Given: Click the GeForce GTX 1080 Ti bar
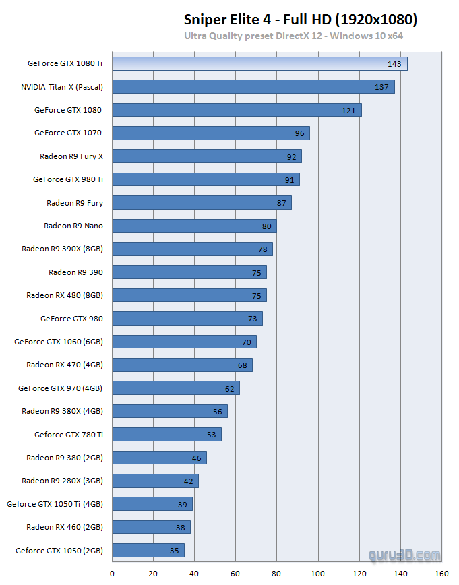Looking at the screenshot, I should point(259,63).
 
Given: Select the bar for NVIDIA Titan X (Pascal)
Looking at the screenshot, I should point(253,87).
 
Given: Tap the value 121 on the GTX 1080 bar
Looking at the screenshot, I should point(348,110).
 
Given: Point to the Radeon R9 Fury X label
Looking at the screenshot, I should point(71,156).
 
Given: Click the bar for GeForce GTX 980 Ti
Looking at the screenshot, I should point(206,179).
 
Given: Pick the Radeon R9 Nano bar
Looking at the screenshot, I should point(194,226).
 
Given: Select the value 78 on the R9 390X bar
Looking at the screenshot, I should point(264,249).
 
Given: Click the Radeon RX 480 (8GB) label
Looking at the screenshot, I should point(65,295).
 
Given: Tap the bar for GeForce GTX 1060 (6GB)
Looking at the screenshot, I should point(184,342).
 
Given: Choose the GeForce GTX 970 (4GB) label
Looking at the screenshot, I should point(61,388).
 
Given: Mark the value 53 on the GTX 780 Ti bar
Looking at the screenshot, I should point(212,435).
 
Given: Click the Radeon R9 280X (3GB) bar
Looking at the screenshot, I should point(155,481).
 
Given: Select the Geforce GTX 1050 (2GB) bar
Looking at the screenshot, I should point(148,551).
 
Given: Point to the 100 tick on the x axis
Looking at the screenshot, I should point(318,574).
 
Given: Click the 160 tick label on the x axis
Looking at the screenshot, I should point(441,574).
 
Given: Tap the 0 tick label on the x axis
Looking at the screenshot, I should point(112,574).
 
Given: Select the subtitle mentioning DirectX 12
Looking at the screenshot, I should point(293,36).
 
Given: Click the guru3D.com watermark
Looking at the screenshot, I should point(404,555).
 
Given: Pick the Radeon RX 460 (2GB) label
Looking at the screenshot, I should point(65,527).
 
